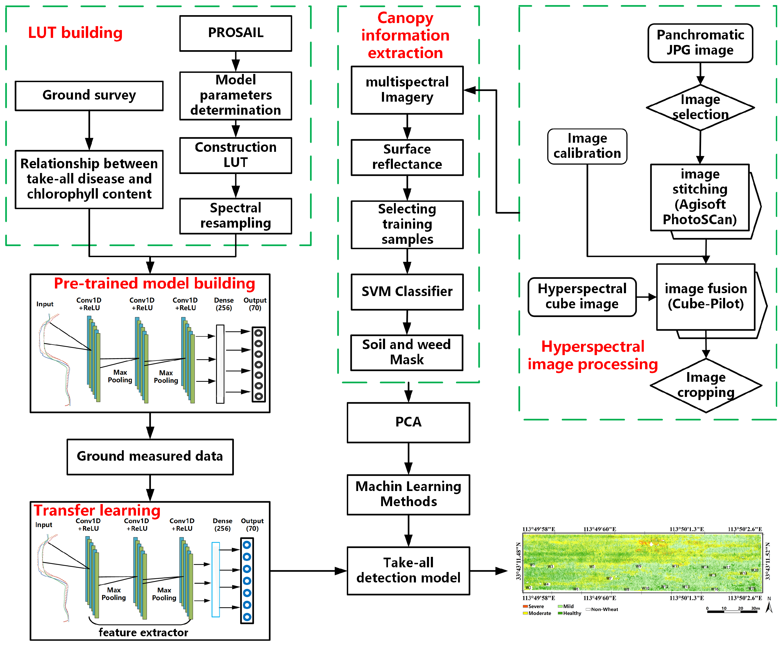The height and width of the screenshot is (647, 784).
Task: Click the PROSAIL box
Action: coord(235,33)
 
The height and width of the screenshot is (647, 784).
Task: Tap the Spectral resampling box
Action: coord(235,216)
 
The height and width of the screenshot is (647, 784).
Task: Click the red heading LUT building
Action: coord(75,33)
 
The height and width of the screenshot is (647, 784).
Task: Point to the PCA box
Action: coord(408,422)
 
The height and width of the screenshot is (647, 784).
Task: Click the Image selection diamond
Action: coord(700,107)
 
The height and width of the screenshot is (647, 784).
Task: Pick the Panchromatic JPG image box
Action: coord(700,43)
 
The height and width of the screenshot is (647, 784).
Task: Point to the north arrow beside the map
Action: coord(769,606)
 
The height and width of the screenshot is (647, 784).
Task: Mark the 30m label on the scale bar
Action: coord(755,608)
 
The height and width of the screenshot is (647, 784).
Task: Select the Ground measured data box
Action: coord(150,457)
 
